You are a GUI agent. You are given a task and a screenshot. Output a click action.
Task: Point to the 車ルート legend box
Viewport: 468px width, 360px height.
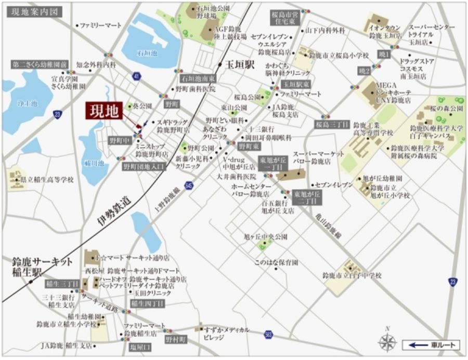click(432, 344)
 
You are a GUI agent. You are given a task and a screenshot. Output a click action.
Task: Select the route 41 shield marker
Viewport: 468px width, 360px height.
click(136, 76)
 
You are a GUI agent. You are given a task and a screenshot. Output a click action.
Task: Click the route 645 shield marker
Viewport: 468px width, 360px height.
click(189, 185)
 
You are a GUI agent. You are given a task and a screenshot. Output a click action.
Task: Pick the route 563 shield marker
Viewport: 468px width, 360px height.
click(268, 334)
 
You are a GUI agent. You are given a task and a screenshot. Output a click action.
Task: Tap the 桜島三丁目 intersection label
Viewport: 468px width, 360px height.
click(331, 125)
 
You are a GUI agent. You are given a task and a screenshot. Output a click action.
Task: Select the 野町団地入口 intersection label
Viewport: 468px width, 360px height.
click(143, 167)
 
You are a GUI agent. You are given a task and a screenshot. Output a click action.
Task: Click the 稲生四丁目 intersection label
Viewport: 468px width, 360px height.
click(147, 303)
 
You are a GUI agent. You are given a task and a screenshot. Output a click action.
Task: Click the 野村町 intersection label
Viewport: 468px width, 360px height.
click(176, 339)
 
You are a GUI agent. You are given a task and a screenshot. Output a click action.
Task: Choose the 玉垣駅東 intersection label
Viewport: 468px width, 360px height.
click(296, 84)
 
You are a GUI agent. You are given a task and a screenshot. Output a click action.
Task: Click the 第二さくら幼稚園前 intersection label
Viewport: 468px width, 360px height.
click(40, 64)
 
